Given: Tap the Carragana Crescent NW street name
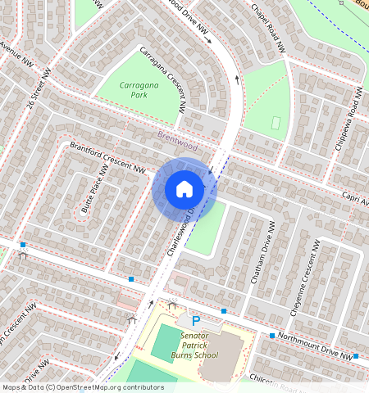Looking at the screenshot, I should coord(162,79).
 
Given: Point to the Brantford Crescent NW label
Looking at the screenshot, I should coord(107,158).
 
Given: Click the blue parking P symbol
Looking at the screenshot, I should coord(195,322).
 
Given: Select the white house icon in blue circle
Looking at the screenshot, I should coord(184,189).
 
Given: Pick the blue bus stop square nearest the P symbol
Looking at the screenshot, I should coord(224,311).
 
